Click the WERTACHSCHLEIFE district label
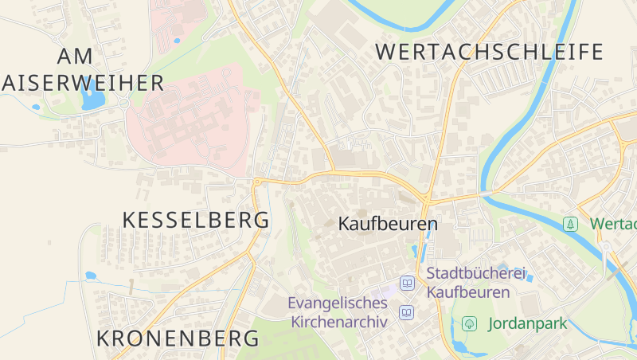pyautogui.click(x=489, y=53)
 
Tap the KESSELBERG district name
pyautogui.click(x=196, y=221)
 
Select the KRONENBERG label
pyautogui.click(x=178, y=338)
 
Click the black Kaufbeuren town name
pyautogui.click(x=388, y=224)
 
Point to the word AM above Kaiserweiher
pyautogui.click(x=76, y=56)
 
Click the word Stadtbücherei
pyautogui.click(x=476, y=274)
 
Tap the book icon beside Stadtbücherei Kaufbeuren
pyautogui.click(x=408, y=283)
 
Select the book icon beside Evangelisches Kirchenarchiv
pyautogui.click(x=408, y=312)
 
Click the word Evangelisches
pyautogui.click(x=338, y=303)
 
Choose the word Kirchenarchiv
pyautogui.click(x=339, y=322)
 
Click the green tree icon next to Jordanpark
pyautogui.click(x=470, y=323)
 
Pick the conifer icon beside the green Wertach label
pyautogui.click(x=570, y=224)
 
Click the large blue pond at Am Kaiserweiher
pyautogui.click(x=92, y=97)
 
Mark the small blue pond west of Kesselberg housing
pyautogui.click(x=91, y=276)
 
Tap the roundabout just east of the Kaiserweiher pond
pyautogui.click(x=124, y=102)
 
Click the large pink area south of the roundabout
pyautogui.click(x=191, y=119)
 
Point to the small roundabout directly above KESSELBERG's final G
pyautogui.click(x=257, y=182)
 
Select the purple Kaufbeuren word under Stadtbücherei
pyautogui.click(x=468, y=292)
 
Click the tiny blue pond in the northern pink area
pyautogui.click(x=176, y=40)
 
